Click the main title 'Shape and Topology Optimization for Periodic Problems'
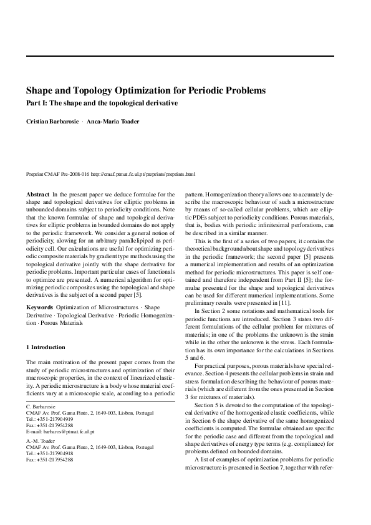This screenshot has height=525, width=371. coord(146,90)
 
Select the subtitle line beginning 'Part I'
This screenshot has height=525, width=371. coord(102,103)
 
